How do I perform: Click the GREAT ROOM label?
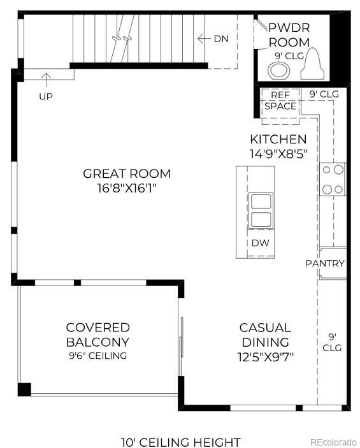tap(127, 173)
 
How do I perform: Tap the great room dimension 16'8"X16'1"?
tap(127, 188)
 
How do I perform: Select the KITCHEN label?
tap(278, 140)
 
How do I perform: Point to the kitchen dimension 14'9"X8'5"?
tap(278, 154)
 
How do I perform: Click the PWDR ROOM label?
tap(289, 35)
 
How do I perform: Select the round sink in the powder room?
tap(277, 69)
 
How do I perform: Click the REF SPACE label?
tap(280, 101)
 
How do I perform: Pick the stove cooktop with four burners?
tap(332, 179)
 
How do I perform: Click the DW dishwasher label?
tap(260, 243)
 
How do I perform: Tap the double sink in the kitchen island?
tap(260, 211)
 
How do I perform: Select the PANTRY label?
tap(325, 263)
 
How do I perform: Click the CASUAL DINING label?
tap(265, 335)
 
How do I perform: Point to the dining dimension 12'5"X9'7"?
tap(265, 356)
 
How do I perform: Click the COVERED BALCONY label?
tap(97, 335)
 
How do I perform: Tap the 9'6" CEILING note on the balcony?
tap(97, 356)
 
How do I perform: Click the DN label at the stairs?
tap(220, 39)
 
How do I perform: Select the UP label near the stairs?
tap(45, 96)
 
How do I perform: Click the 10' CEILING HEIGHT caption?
tap(180, 442)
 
